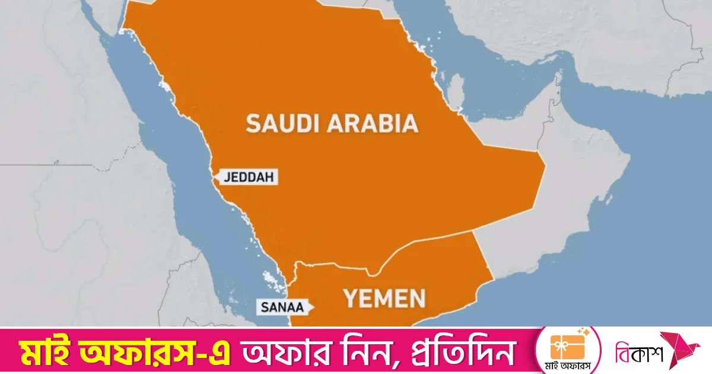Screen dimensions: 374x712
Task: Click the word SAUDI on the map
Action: tap(283, 123)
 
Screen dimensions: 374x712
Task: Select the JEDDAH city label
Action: tap(249, 177)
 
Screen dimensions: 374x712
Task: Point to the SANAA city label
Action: tap(281, 308)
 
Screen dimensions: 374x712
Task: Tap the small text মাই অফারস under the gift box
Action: tap(564, 364)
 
